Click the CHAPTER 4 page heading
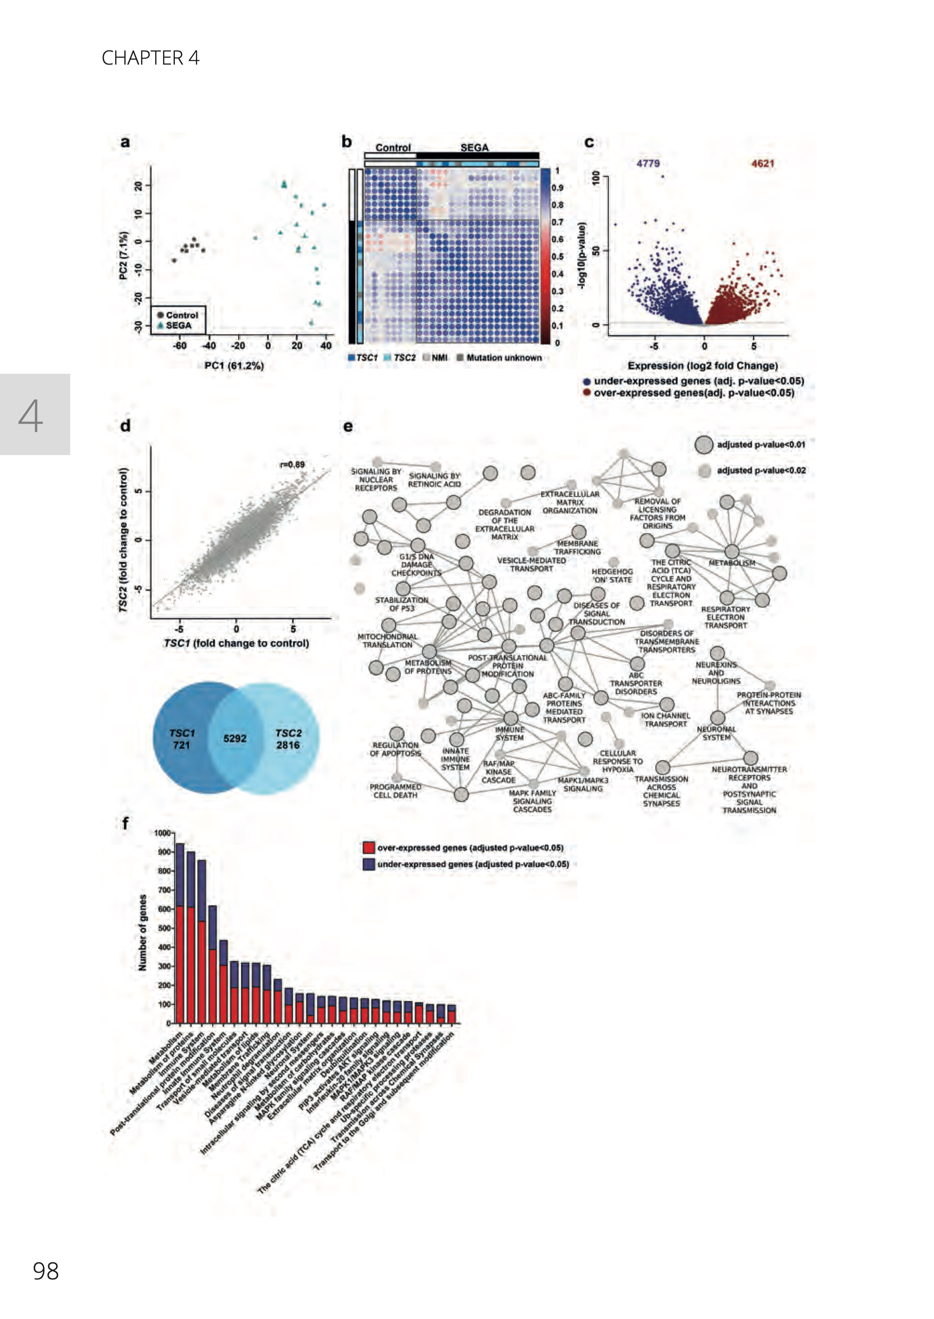coord(150,58)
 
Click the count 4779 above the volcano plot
coord(648,164)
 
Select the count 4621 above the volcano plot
coord(763,164)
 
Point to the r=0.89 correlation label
coord(292,464)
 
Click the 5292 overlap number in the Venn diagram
coord(235,738)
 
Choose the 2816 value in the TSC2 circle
coord(288,745)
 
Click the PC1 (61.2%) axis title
coord(234,366)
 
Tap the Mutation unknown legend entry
coord(504,358)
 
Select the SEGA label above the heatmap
coord(474,148)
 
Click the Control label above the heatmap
coord(393,148)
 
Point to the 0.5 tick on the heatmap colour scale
coord(558,257)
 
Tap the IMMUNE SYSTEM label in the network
coord(510,734)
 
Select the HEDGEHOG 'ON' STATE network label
coord(612,576)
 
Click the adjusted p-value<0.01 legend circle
coord(704,445)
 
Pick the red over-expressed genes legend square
coord(369,847)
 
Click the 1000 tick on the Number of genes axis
coord(163,833)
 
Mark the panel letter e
coord(348,427)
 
